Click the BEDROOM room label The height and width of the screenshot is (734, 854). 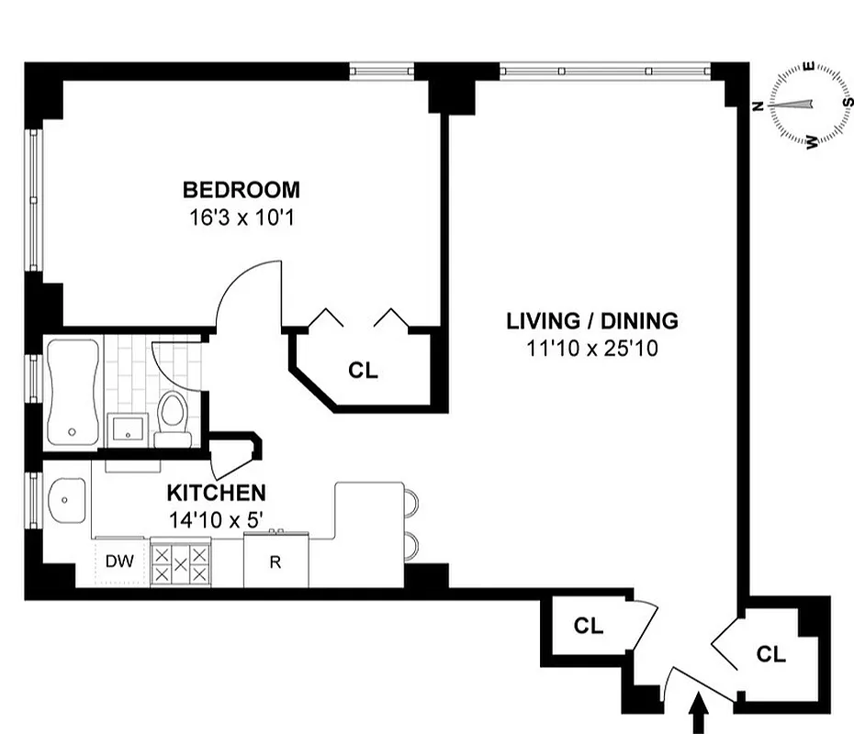click(241, 190)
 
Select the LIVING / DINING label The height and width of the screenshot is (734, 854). click(592, 321)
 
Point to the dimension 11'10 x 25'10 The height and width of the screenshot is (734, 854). click(592, 349)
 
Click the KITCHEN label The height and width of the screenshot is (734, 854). click(217, 493)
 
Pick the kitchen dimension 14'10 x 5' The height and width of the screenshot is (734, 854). click(217, 519)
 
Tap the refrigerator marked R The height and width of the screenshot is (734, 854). click(275, 562)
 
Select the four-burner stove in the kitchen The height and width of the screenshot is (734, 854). click(180, 562)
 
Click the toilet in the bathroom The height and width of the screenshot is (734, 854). click(172, 418)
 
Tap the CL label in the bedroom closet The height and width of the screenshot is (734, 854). click(363, 371)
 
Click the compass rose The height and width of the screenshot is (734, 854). click(809, 105)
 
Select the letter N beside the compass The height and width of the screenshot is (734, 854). click(758, 106)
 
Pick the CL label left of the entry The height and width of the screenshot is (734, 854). click(588, 626)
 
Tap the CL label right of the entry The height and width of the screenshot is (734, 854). click(771, 654)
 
